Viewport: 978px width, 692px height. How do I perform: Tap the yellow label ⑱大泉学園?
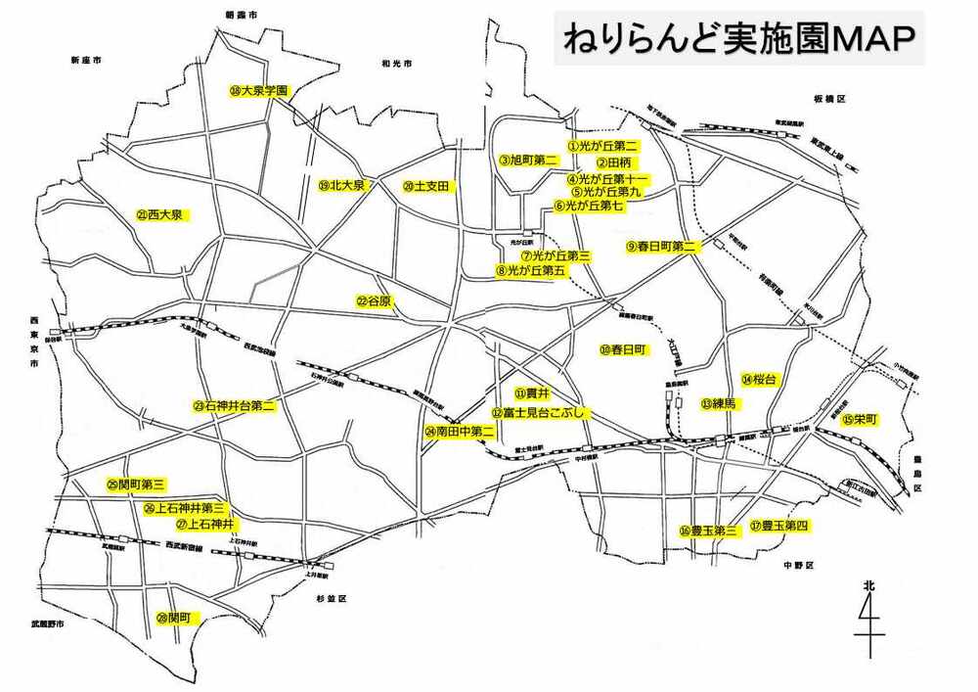point(259,91)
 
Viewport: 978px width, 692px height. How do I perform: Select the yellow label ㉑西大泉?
point(161,214)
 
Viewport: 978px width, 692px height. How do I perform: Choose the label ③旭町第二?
point(528,160)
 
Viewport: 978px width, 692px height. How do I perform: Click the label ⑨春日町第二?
point(661,248)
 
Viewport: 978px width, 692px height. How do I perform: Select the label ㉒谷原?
point(374,302)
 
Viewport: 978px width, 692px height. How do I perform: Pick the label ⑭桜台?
point(758,380)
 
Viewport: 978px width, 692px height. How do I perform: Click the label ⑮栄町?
point(859,419)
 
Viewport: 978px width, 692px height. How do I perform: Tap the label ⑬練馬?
point(718,403)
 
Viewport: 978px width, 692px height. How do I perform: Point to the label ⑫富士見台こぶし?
point(540,414)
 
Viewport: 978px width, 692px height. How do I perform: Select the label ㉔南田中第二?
point(459,431)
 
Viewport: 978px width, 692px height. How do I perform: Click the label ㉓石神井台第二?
point(234,405)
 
